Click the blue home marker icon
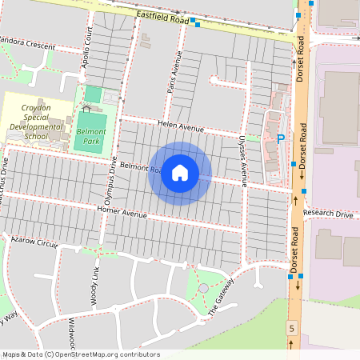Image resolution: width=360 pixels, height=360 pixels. point(180,173)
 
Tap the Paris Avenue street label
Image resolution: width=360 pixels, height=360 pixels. point(175,73)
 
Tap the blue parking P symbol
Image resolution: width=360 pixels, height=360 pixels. point(281,138)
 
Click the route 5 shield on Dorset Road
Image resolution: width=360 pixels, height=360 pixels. point(292,328)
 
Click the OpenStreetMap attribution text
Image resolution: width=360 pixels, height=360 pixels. point(80,354)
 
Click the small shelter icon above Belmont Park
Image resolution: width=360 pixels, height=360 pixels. point(86,107)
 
